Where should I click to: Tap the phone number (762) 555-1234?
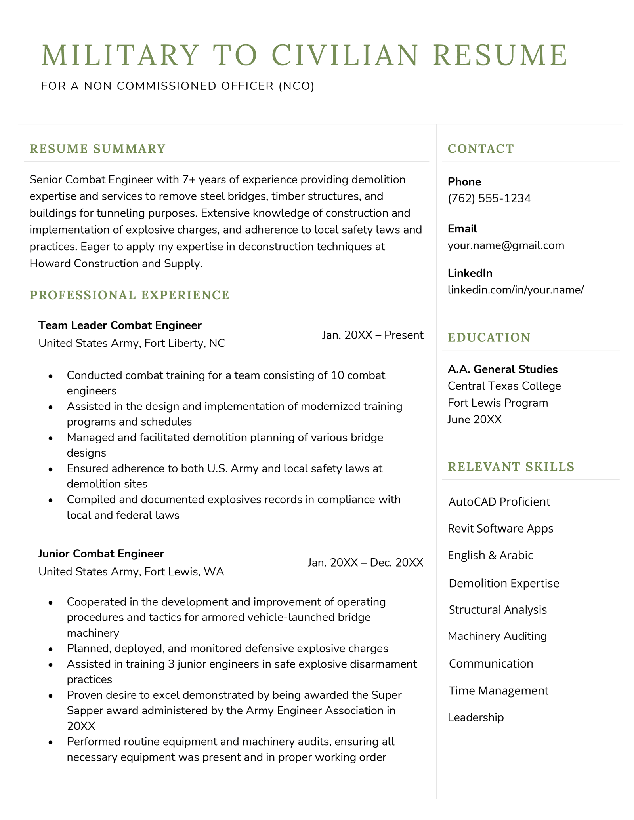click(489, 198)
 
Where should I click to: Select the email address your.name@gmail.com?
click(506, 245)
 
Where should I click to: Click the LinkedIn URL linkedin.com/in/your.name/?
click(516, 290)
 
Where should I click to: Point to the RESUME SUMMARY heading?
click(97, 149)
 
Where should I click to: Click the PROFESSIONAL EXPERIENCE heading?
click(130, 295)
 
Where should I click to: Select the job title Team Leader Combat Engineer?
click(120, 325)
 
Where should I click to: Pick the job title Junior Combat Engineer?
click(101, 554)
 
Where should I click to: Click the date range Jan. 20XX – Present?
click(372, 335)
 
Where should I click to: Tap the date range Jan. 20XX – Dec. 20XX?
click(365, 563)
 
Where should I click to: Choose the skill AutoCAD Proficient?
click(499, 502)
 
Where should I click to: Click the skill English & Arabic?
click(490, 555)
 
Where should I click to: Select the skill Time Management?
click(498, 691)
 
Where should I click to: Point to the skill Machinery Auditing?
click(497, 636)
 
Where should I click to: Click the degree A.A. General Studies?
click(502, 369)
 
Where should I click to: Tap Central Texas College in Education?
click(504, 386)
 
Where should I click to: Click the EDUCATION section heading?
click(489, 337)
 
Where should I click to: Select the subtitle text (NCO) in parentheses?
click(296, 86)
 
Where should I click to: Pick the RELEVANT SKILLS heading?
click(511, 467)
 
